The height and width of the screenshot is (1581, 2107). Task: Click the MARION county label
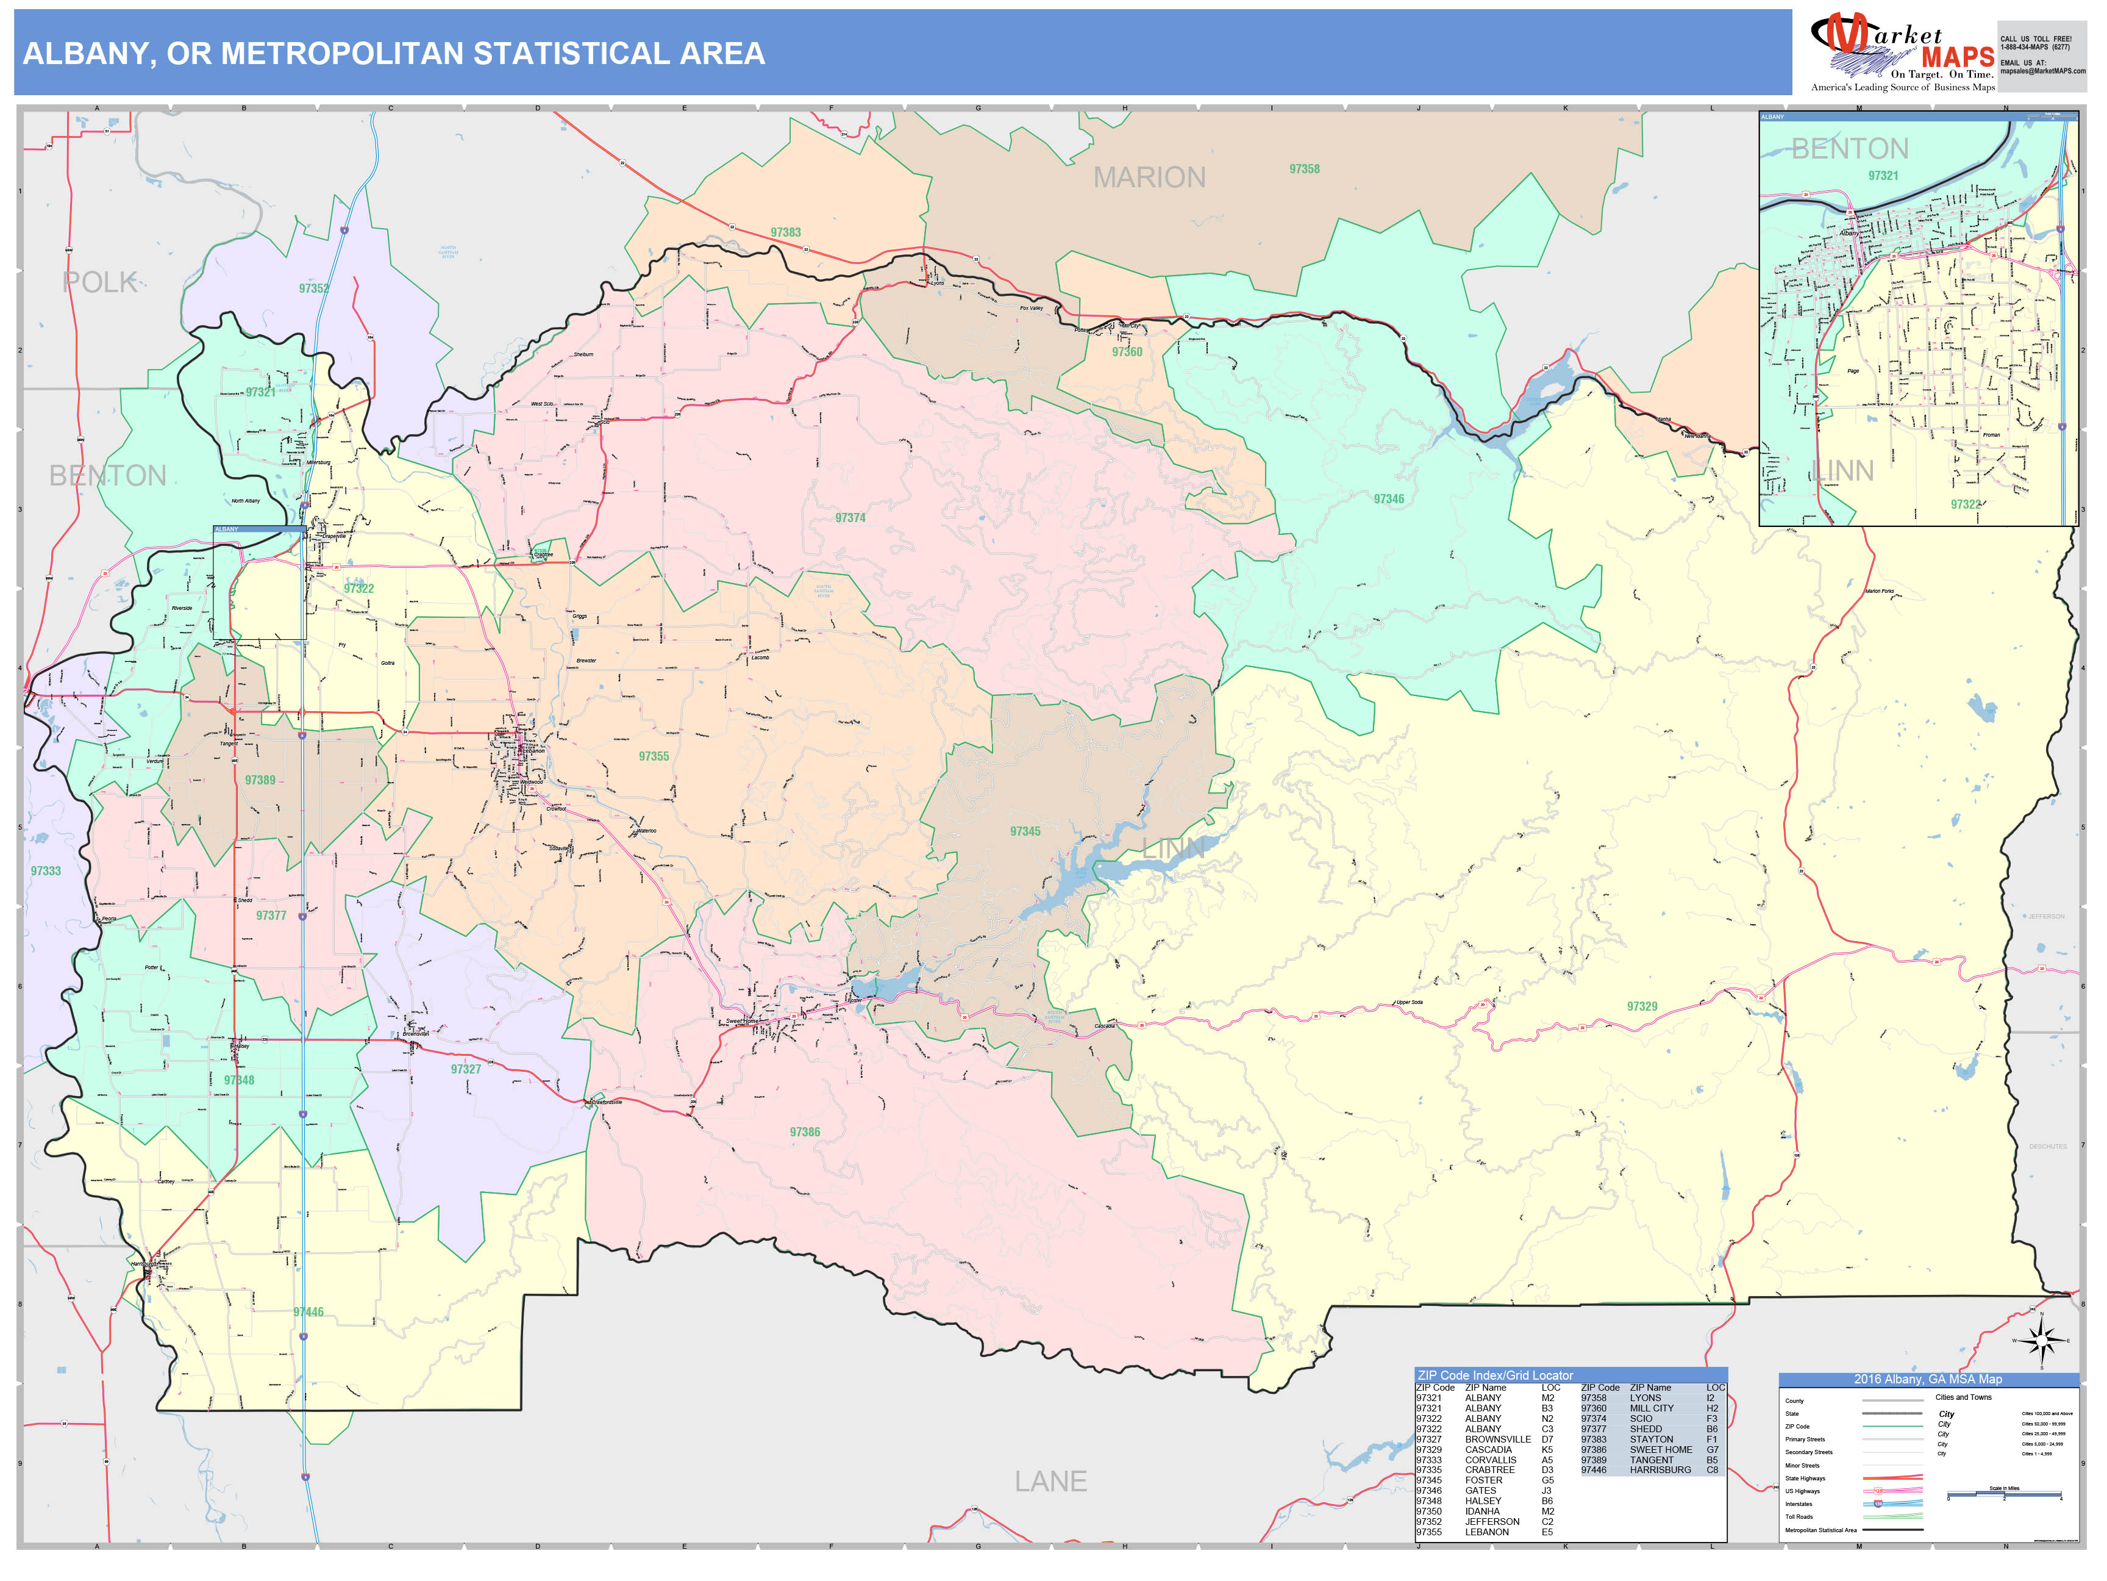1149,177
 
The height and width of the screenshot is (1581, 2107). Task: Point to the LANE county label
1050,1481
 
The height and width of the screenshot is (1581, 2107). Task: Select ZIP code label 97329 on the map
1642,1006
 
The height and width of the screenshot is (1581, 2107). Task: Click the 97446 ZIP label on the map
308,1312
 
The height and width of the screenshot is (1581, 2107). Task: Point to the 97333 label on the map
46,871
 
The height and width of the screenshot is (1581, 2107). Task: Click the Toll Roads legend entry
1799,1517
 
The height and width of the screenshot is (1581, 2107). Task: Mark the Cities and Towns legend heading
1963,1397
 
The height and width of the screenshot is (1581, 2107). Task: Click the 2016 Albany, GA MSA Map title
1927,1379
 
